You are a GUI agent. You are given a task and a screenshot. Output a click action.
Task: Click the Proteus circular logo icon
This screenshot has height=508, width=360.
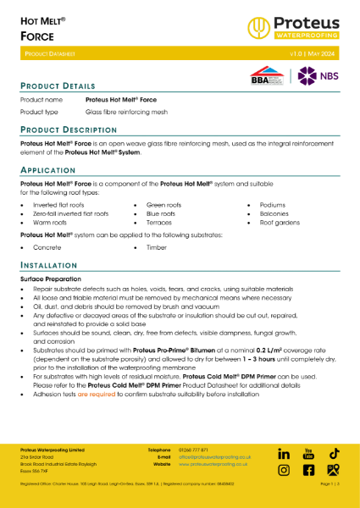258,28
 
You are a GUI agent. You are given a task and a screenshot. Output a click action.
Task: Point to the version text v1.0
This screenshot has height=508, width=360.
297,53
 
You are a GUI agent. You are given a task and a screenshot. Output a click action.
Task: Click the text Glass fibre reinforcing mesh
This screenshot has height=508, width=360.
126,112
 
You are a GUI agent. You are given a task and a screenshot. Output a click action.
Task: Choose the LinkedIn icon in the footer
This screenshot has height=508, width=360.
285,455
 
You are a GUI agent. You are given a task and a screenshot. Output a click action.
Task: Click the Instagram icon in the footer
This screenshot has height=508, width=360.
285,470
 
